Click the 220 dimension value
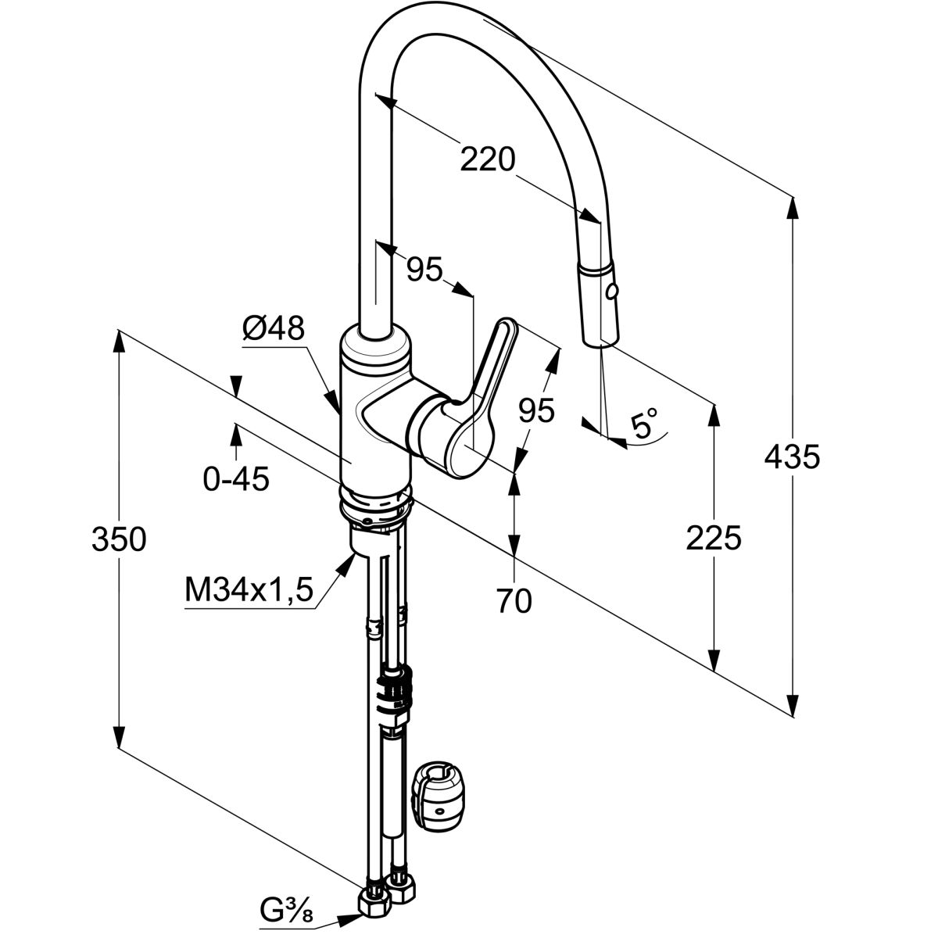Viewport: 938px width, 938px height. coord(488,160)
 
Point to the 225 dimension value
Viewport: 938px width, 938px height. coord(713,538)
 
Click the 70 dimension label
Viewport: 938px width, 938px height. coord(514,600)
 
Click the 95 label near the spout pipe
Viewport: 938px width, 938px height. coord(424,270)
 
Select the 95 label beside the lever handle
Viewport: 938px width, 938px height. coord(535,410)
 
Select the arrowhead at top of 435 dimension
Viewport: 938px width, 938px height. coord(793,205)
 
